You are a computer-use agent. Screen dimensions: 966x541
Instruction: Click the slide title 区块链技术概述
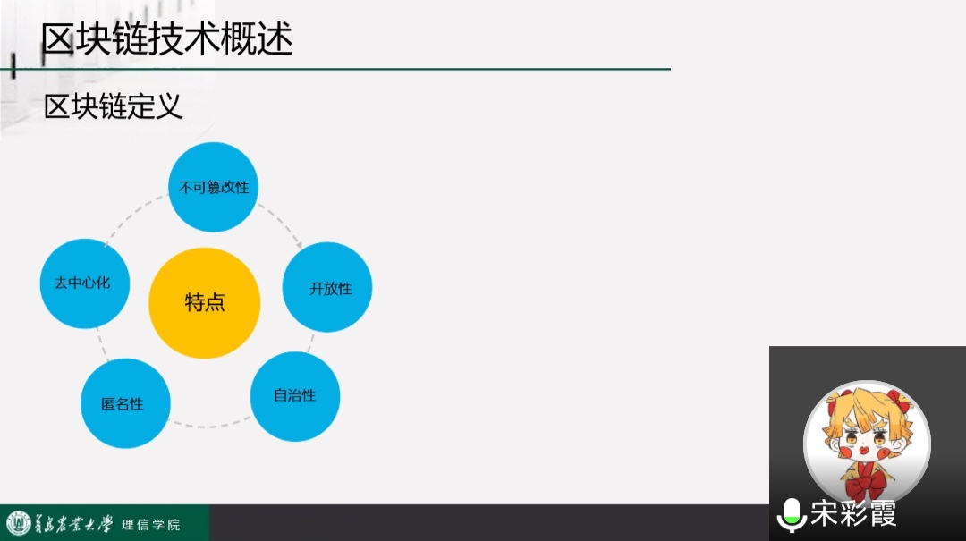pos(166,38)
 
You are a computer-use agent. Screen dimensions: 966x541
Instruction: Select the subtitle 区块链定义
pos(114,106)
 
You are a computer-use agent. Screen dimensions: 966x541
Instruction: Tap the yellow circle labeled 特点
pos(204,302)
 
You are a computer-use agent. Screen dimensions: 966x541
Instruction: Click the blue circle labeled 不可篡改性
pos(213,187)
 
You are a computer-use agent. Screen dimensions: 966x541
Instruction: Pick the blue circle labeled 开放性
pos(327,287)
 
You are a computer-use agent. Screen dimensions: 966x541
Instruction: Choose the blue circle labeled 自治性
pos(295,396)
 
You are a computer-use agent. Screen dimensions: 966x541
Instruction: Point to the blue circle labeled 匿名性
pos(126,403)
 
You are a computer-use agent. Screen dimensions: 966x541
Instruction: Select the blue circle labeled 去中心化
pos(85,283)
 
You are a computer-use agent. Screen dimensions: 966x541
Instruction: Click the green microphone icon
pos(792,515)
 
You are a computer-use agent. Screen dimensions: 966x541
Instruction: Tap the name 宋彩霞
pos(853,513)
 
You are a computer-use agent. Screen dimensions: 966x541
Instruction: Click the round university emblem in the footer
pos(19,523)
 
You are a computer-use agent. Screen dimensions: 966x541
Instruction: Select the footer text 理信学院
pos(151,524)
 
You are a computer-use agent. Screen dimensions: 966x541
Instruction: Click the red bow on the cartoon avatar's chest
pos(866,479)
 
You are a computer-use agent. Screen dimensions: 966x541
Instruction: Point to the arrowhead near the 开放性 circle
pos(298,245)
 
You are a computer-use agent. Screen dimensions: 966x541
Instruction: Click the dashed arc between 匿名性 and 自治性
pos(209,425)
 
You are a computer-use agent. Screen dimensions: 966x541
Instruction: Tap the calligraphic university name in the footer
pos(72,524)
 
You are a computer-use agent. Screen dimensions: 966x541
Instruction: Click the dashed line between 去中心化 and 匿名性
pos(102,343)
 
